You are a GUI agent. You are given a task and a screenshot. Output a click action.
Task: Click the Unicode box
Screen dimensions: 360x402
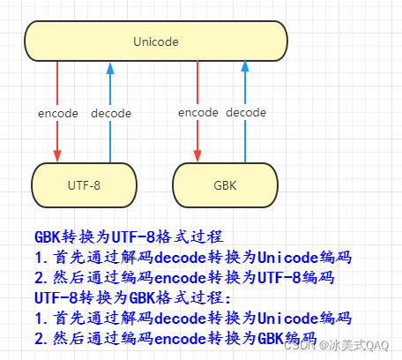(156, 41)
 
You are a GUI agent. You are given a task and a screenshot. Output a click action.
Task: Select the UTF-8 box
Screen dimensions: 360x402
(85, 185)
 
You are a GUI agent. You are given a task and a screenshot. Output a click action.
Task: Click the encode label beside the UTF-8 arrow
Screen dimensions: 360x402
(58, 113)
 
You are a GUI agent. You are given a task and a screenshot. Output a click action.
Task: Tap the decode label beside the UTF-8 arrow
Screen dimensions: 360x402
(110, 113)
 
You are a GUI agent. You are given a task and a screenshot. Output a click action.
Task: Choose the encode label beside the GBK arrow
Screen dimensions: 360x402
(197, 113)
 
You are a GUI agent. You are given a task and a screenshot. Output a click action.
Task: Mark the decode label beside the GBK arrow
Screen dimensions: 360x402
(246, 113)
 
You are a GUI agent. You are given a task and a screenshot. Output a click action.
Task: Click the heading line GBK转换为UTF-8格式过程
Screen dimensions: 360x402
(129, 237)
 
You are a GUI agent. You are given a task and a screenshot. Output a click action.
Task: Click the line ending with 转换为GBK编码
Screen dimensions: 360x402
(175, 339)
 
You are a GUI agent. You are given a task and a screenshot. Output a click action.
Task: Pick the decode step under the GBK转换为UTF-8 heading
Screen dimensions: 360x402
(192, 258)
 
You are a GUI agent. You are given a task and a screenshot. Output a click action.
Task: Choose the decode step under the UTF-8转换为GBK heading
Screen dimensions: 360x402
(192, 319)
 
